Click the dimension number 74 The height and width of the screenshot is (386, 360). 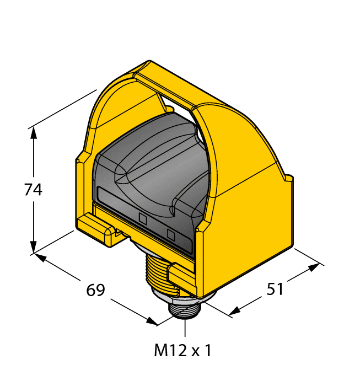[34, 190]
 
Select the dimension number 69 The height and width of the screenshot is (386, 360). [95, 290]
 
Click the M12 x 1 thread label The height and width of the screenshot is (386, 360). [182, 350]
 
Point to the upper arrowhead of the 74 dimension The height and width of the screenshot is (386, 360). [34, 132]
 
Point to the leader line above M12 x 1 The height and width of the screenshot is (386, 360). [184, 328]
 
